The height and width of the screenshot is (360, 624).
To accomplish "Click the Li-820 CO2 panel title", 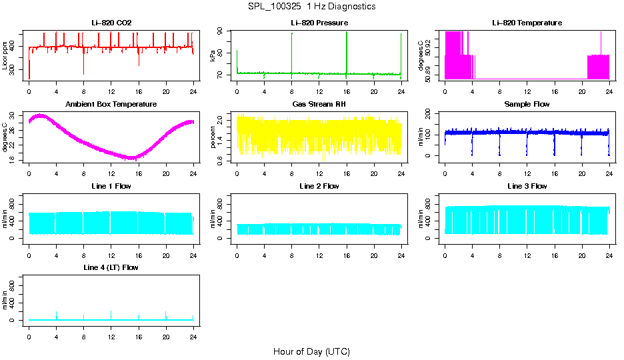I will [111, 23].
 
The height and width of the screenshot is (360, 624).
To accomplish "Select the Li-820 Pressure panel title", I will [319, 23].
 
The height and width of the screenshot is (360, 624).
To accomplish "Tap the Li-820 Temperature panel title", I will [527, 23].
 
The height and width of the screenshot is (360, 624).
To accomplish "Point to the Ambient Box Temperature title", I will [111, 105].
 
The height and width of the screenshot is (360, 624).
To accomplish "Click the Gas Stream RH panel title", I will [319, 105].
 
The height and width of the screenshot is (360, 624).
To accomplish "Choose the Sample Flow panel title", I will [527, 105].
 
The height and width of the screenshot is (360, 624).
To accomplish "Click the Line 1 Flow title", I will [111, 186].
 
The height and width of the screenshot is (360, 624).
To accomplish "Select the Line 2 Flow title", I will [319, 186].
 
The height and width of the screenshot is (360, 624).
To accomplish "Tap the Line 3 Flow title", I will [527, 186].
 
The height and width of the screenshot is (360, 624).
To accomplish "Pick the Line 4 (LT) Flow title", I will [111, 267].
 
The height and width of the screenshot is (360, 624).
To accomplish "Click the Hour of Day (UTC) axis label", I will [311, 351].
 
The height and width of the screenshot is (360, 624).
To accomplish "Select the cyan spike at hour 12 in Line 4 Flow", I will [111, 314].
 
